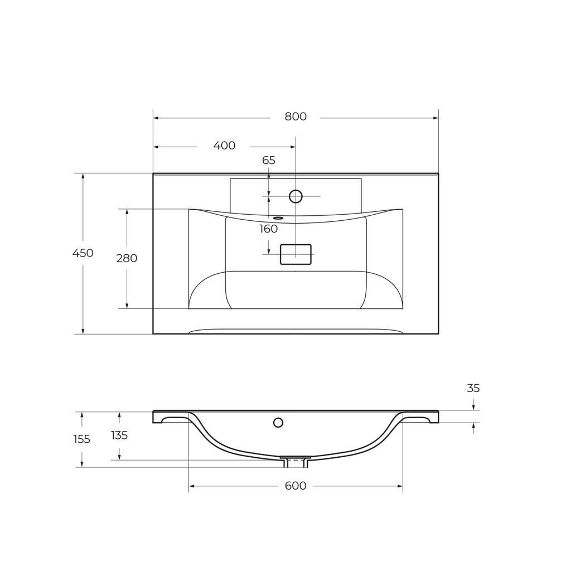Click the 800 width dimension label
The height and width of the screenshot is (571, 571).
click(x=296, y=117)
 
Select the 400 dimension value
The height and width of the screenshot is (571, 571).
click(x=224, y=146)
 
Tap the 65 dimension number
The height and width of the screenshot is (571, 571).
click(x=269, y=160)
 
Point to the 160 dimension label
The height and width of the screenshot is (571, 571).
click(x=268, y=229)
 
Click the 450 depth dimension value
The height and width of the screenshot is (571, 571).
click(x=83, y=253)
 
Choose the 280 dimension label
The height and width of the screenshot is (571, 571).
click(x=127, y=258)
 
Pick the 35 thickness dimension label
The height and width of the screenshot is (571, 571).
click(x=473, y=389)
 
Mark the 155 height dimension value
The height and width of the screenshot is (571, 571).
click(x=81, y=439)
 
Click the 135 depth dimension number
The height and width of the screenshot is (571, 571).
click(x=119, y=435)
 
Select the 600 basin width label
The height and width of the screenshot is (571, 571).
click(x=296, y=486)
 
